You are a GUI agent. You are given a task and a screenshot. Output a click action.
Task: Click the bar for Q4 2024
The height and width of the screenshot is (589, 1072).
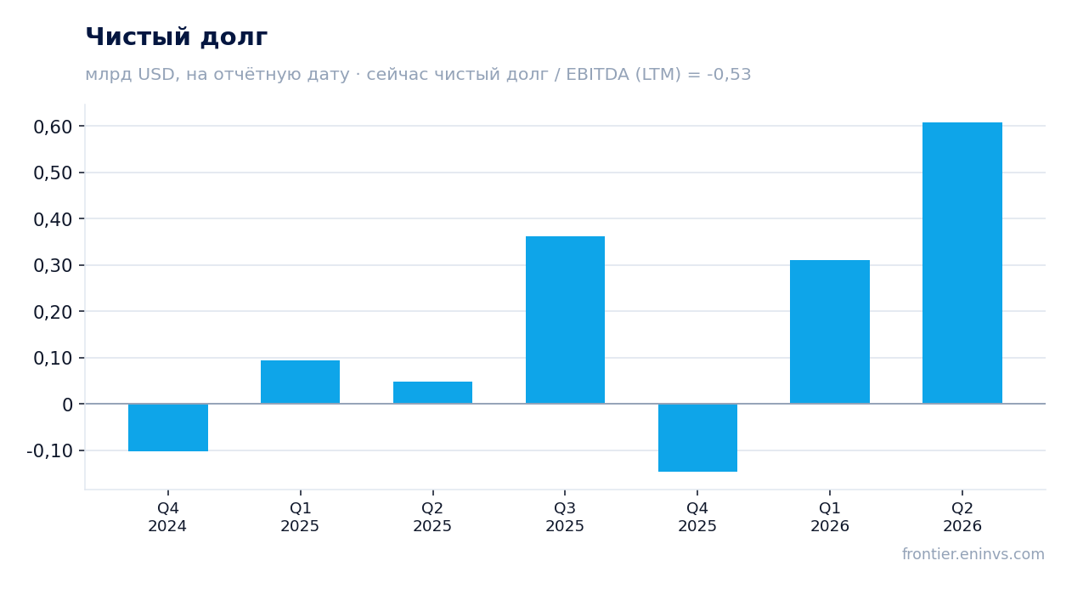[168, 428]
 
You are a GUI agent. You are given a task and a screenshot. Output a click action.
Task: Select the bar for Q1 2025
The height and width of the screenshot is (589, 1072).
[300, 382]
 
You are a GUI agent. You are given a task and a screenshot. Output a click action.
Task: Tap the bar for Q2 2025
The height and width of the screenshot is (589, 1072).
[432, 393]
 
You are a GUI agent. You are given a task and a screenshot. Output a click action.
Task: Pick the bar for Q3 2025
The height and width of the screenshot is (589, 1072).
[565, 320]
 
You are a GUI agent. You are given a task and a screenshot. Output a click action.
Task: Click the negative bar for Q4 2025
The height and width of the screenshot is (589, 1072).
[697, 438]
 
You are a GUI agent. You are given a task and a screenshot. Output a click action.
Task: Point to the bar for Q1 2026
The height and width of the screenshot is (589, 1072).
[830, 331]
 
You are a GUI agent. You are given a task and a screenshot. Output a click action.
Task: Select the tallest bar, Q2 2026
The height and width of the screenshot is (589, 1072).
[962, 263]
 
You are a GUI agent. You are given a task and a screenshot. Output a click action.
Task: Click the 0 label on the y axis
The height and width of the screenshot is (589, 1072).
[67, 405]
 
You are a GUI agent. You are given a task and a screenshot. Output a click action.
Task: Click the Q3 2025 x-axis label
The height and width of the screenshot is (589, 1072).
[565, 517]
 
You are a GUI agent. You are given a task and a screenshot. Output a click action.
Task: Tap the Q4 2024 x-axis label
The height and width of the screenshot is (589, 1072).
[167, 517]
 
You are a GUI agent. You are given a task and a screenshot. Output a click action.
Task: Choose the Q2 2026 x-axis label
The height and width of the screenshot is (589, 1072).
[962, 517]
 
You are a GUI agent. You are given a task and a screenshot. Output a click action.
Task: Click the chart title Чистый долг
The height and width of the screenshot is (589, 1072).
[176, 37]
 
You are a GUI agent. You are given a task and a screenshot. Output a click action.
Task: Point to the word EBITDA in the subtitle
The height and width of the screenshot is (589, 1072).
[597, 75]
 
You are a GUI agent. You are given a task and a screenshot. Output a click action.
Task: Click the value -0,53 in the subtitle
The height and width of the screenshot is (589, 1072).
[729, 75]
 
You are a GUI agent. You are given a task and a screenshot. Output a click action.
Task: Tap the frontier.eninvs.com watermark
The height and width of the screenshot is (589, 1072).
[973, 554]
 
